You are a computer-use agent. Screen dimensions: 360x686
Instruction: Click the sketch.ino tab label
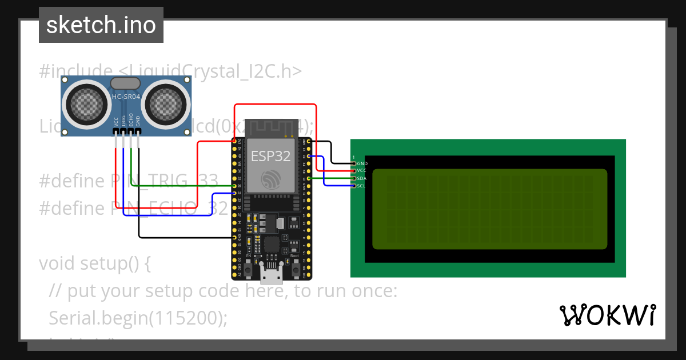pos(101,25)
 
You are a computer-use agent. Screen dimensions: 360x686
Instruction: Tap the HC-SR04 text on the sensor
pos(126,97)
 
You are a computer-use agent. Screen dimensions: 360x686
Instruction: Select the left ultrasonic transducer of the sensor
pos(88,104)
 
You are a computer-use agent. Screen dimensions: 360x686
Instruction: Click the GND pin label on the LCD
pos(362,163)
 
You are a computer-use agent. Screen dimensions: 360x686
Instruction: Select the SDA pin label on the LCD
pos(361,178)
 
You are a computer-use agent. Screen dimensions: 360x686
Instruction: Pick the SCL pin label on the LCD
pos(361,186)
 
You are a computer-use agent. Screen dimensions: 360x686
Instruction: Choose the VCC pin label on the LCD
pos(361,171)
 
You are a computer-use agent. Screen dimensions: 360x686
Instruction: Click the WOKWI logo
pos(608,315)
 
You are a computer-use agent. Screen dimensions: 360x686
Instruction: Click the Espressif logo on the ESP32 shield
pos(271,179)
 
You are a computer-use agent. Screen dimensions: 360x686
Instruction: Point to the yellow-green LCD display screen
pos(489,209)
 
